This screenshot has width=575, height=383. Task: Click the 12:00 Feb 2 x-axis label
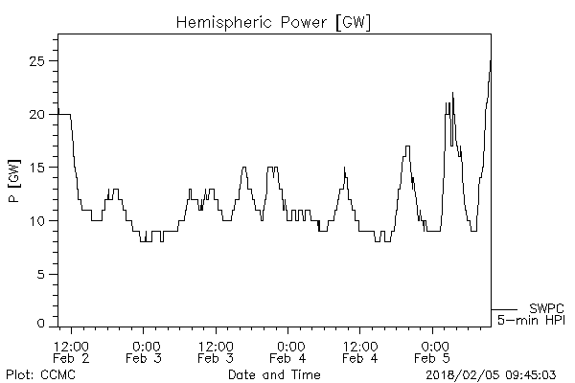(x=72, y=351)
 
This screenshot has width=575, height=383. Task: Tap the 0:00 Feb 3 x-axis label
(x=145, y=351)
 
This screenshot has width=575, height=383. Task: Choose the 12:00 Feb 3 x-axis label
(x=217, y=351)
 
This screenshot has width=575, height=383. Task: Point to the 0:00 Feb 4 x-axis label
(x=288, y=351)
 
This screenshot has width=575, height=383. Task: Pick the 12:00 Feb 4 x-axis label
(x=360, y=351)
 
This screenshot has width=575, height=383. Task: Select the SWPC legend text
(x=545, y=308)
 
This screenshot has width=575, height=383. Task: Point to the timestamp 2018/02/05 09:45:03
(x=496, y=373)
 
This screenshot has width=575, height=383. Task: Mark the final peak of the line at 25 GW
(x=491, y=61)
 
